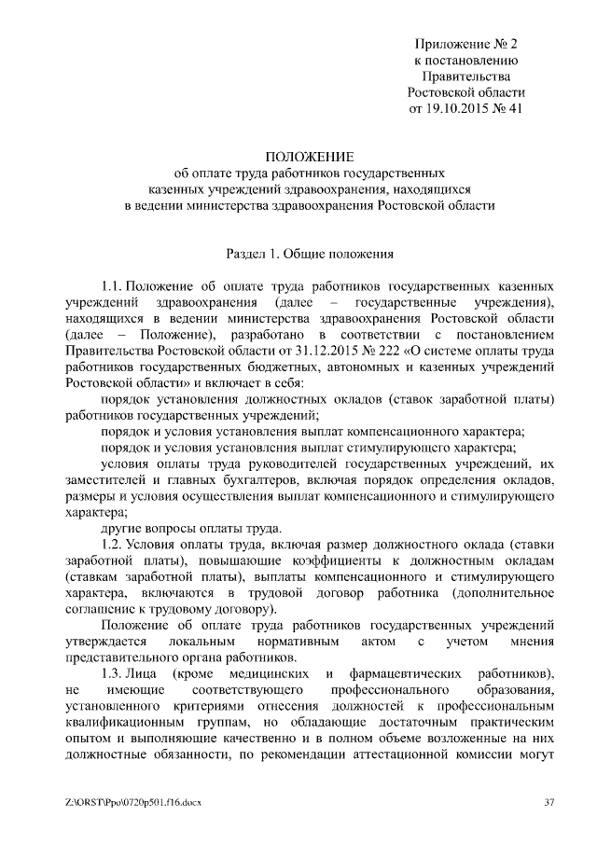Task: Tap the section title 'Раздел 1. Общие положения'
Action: [310, 252]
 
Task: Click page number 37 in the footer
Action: [548, 801]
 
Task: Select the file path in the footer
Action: [133, 801]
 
